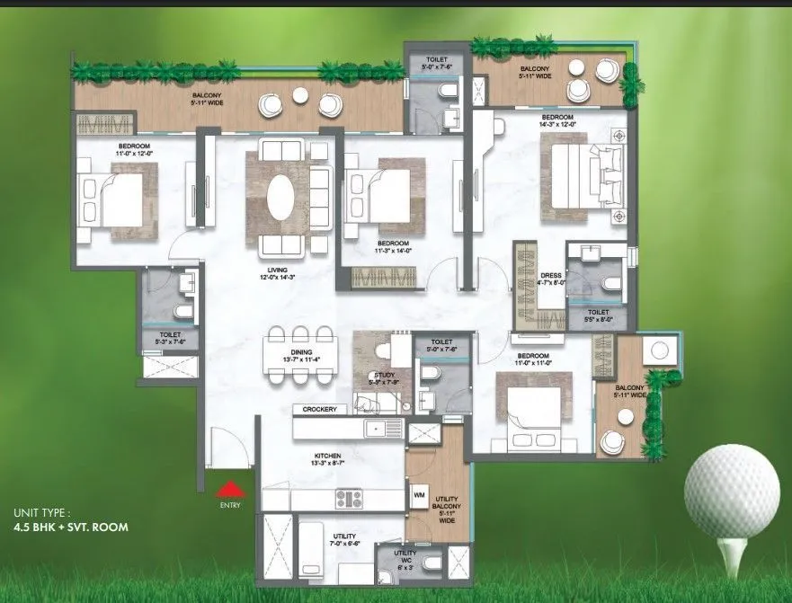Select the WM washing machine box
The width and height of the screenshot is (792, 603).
[419, 494]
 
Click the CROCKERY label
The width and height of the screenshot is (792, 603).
[319, 410]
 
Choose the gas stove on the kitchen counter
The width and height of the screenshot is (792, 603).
[348, 499]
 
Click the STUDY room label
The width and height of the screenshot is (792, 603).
[386, 377]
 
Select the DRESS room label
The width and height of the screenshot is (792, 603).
[551, 277]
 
